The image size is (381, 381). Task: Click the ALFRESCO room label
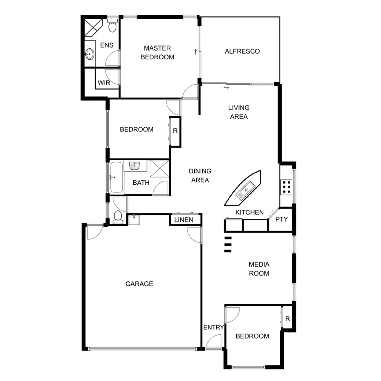pyautogui.click(x=242, y=52)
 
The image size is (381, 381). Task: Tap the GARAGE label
pyautogui.click(x=139, y=284)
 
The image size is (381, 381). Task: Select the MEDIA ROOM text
pyautogui.click(x=259, y=269)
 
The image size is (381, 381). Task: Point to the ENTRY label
pyautogui.click(x=213, y=327)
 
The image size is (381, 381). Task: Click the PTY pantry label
pyautogui.click(x=281, y=219)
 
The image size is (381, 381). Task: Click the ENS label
pyautogui.click(x=107, y=45)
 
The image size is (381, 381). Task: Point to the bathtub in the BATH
pyautogui.click(x=116, y=177)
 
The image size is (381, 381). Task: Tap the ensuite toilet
pyautogui.click(x=113, y=26)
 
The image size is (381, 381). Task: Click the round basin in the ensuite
pyautogui.click(x=90, y=54)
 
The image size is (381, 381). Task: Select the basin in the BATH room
pyautogui.click(x=135, y=165)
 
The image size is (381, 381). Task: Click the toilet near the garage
pyautogui.click(x=118, y=216)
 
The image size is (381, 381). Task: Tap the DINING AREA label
pyautogui.click(x=200, y=175)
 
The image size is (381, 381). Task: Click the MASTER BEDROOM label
pyautogui.click(x=157, y=53)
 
